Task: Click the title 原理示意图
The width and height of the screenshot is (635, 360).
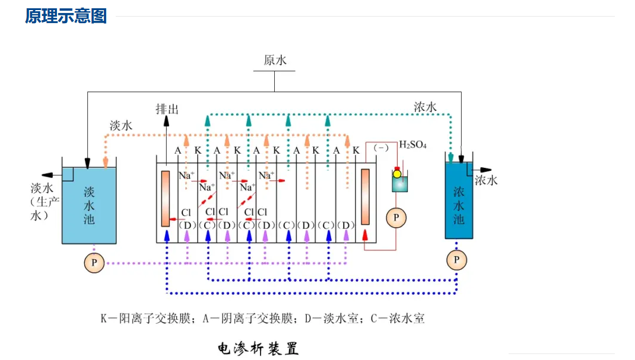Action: [66, 16]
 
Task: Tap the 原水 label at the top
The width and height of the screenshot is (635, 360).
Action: [275, 60]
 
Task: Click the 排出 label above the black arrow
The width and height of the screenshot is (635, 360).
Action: [167, 109]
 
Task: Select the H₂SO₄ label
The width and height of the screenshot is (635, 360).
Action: [412, 144]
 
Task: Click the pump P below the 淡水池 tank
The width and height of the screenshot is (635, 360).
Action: [94, 263]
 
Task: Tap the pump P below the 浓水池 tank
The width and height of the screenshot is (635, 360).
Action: [456, 260]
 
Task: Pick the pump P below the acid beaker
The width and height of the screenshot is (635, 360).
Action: [396, 218]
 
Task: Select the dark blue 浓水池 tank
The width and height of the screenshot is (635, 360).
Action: [459, 200]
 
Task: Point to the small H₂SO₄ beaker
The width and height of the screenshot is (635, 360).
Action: [400, 181]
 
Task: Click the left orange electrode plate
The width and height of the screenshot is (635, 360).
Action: [165, 198]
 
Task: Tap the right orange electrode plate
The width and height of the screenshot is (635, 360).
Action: [365, 196]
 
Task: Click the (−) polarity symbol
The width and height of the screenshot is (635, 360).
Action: [380, 148]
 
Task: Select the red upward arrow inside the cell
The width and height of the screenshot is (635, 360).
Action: [365, 235]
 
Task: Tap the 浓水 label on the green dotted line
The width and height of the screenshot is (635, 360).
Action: [425, 107]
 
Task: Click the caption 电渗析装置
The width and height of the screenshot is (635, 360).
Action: [258, 348]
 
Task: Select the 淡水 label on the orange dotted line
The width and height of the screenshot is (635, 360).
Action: [120, 125]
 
